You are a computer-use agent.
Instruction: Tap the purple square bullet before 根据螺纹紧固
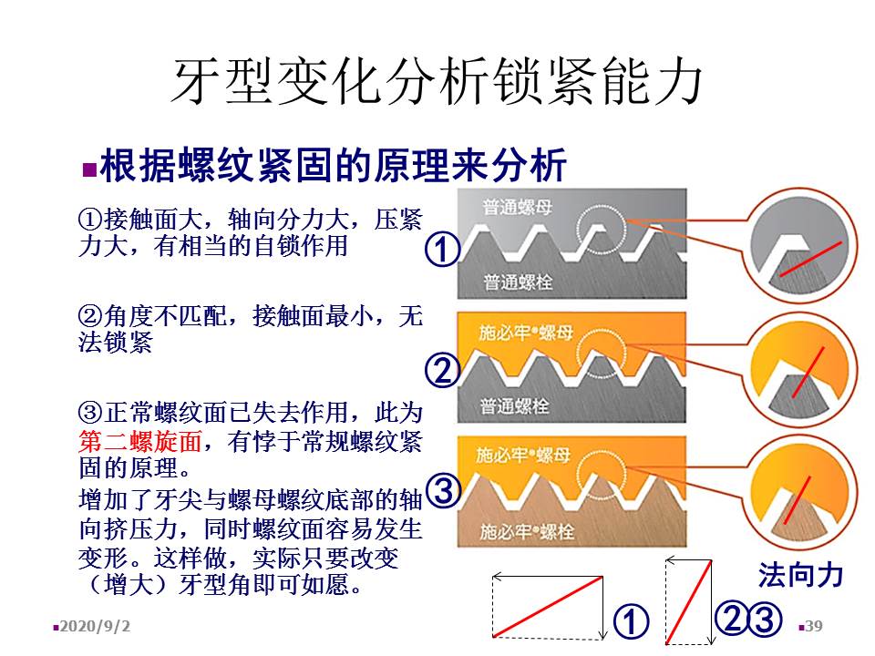pyautogui.click(x=89, y=169)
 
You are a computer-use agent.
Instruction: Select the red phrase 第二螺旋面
pyautogui.click(x=140, y=442)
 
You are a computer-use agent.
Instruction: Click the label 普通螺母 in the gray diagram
pyautogui.click(x=518, y=207)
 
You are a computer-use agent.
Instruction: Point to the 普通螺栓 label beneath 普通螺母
pyautogui.click(x=518, y=282)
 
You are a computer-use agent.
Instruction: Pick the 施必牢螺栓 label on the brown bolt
pyautogui.click(x=527, y=531)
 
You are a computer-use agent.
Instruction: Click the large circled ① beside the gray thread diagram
pyautogui.click(x=443, y=250)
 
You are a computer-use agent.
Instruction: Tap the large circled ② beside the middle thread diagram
pyautogui.click(x=443, y=371)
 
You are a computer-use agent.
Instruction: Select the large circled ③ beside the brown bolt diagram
pyautogui.click(x=444, y=491)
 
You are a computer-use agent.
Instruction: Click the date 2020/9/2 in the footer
pyautogui.click(x=95, y=626)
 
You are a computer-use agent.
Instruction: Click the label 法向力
pyautogui.click(x=800, y=575)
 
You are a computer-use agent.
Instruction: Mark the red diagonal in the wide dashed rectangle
pyautogui.click(x=548, y=607)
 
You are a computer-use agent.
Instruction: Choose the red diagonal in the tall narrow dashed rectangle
pyautogui.click(x=689, y=601)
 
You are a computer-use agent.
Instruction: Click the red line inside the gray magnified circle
pyautogui.click(x=810, y=259)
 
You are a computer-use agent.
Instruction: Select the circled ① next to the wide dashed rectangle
pyautogui.click(x=631, y=621)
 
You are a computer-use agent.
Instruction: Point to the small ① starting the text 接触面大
pyautogui.click(x=90, y=220)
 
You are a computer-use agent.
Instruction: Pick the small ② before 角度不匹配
pyautogui.click(x=90, y=316)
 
